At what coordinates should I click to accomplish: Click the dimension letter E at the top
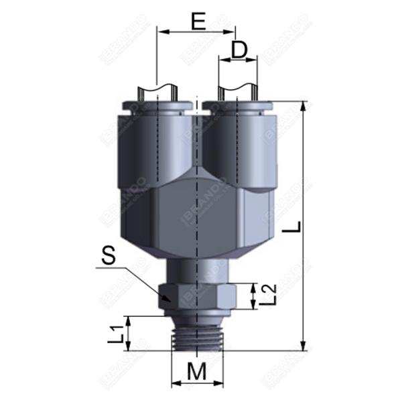(197, 21)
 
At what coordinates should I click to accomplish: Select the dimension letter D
(239, 50)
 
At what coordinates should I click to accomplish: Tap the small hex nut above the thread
(197, 296)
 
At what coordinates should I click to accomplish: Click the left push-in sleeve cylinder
(155, 147)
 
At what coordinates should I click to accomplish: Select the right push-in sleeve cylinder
(239, 147)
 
